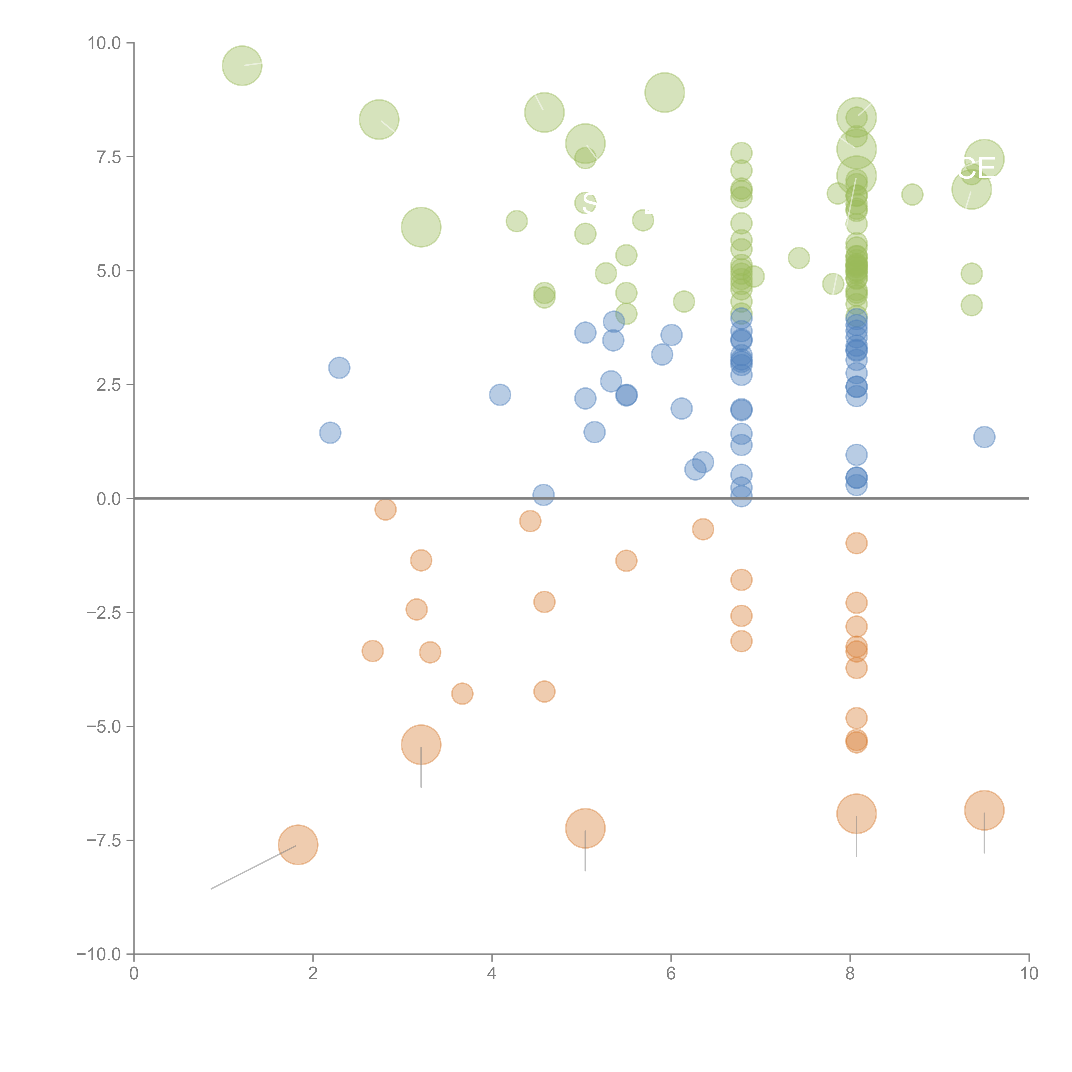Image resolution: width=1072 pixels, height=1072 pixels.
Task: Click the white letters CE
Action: tap(976, 169)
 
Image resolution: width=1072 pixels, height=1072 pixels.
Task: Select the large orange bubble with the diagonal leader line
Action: tap(298, 845)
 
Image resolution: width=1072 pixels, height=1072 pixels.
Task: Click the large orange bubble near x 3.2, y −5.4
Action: tap(421, 745)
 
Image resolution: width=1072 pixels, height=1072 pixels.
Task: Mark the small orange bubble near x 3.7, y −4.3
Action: tap(462, 694)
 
